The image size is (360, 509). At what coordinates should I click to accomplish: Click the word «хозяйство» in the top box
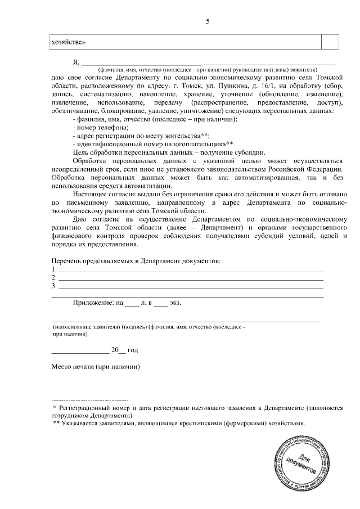coord(68,42)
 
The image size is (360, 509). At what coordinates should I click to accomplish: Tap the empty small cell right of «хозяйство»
coord(330,42)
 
